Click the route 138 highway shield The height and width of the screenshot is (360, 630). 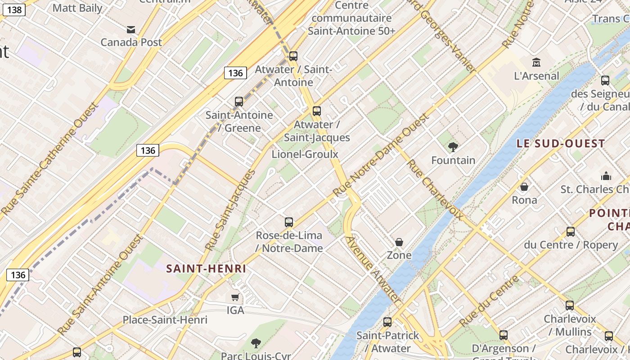(x=15, y=9)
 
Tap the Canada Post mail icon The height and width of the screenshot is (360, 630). (x=131, y=30)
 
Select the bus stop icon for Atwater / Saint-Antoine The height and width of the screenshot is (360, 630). (x=293, y=56)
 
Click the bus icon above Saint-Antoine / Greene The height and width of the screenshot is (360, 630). (x=239, y=102)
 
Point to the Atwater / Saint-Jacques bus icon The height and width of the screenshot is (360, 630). (x=317, y=111)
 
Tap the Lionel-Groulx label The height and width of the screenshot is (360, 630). (x=305, y=154)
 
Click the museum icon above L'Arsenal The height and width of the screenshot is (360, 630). (x=536, y=63)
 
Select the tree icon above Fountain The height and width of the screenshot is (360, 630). (x=453, y=147)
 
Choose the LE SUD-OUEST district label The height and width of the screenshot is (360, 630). (x=560, y=144)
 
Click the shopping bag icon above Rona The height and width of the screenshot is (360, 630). (x=524, y=187)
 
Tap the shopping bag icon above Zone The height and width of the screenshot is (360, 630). (x=399, y=243)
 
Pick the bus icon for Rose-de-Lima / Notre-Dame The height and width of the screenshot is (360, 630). (x=289, y=222)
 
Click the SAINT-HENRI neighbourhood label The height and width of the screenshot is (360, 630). (x=206, y=269)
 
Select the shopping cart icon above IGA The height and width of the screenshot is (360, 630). (x=235, y=297)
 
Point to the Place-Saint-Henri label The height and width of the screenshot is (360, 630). (x=165, y=320)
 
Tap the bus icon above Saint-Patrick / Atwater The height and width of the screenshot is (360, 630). (x=387, y=322)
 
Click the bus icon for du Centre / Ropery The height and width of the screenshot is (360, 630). (x=571, y=232)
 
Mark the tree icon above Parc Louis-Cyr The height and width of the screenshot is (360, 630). (x=256, y=343)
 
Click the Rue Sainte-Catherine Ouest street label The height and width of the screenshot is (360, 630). (x=49, y=158)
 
